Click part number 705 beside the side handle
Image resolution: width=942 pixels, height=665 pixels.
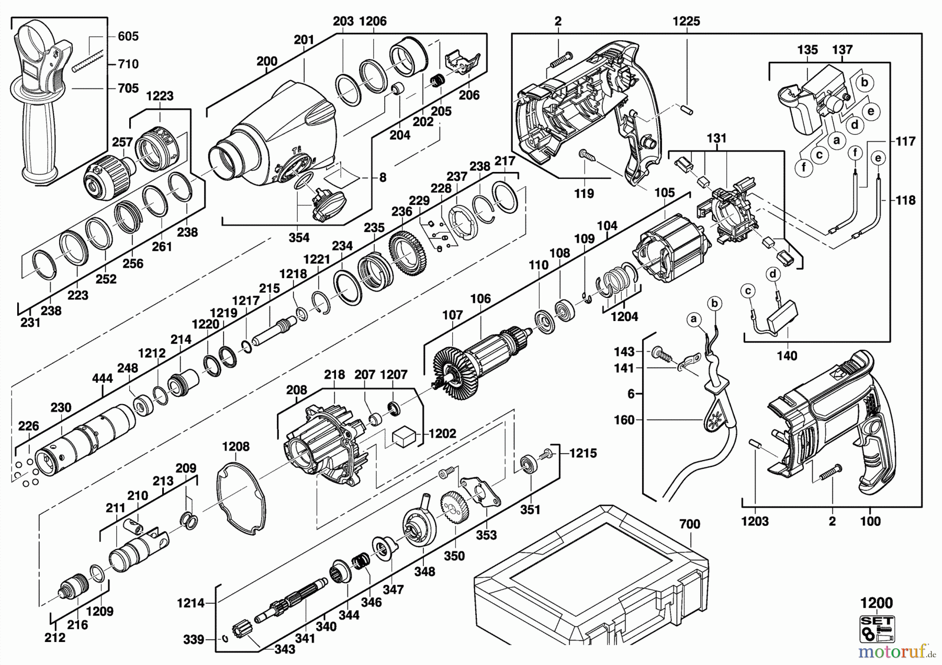pyautogui.click(x=128, y=88)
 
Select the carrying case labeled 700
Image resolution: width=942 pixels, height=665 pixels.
pyautogui.click(x=591, y=580)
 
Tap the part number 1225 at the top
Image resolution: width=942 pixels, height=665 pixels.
pyautogui.click(x=686, y=21)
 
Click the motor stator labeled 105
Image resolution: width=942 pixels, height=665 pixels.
pyautogui.click(x=672, y=248)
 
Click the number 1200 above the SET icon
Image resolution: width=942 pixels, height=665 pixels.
pyautogui.click(x=877, y=603)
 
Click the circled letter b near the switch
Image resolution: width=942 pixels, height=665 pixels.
pyautogui.click(x=865, y=82)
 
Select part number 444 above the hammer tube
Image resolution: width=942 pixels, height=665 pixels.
pyautogui.click(x=102, y=378)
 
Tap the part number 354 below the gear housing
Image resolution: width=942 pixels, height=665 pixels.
pyautogui.click(x=299, y=237)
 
